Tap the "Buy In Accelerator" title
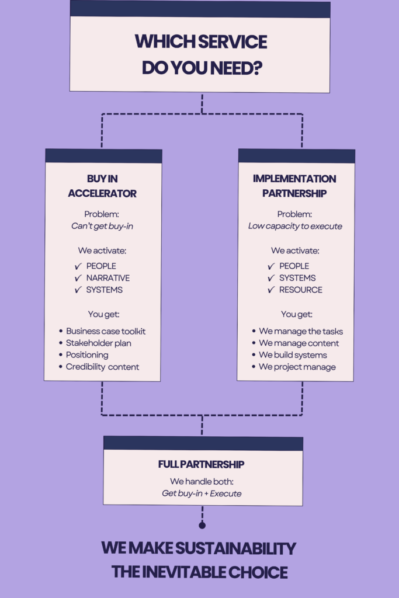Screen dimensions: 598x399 tap(102, 186)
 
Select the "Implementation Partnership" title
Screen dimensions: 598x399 tap(294, 186)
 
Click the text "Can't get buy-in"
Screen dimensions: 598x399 tap(102, 226)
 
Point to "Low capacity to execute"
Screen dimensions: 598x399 tap(295, 226)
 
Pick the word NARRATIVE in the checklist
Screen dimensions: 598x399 tap(108, 278)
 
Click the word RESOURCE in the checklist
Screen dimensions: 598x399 tap(300, 290)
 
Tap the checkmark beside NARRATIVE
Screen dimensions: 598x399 tap(78, 278)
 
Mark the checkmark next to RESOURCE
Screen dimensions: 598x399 tap(270, 290)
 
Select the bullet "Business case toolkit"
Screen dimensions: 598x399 tap(106, 331)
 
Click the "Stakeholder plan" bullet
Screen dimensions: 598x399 tap(99, 343)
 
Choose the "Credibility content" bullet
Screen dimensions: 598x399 tap(103, 367)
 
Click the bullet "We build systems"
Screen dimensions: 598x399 tap(293, 355)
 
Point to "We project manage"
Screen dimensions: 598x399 tap(297, 367)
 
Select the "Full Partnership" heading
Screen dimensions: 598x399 tap(201, 465)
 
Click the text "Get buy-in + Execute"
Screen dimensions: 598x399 tap(202, 493)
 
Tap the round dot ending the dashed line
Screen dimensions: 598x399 tap(202, 526)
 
